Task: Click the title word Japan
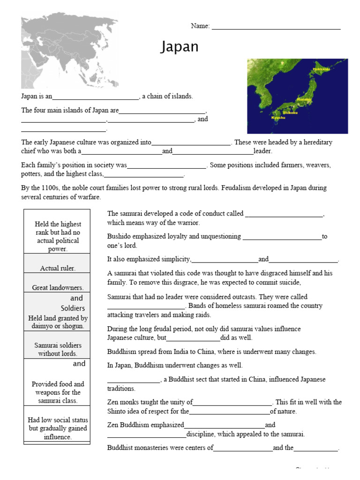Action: coord(180,47)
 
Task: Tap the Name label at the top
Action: coord(200,26)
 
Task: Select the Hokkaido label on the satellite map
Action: coord(321,69)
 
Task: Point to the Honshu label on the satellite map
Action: coord(304,99)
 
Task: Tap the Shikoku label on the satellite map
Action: coord(290,112)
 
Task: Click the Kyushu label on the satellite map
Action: coord(278,118)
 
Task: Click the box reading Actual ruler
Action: coord(57,268)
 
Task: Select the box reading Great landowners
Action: coord(57,287)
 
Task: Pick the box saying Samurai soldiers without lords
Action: coord(57,349)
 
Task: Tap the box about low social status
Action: coord(57,428)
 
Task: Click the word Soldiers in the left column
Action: coord(73,308)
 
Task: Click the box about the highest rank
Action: coord(57,236)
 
